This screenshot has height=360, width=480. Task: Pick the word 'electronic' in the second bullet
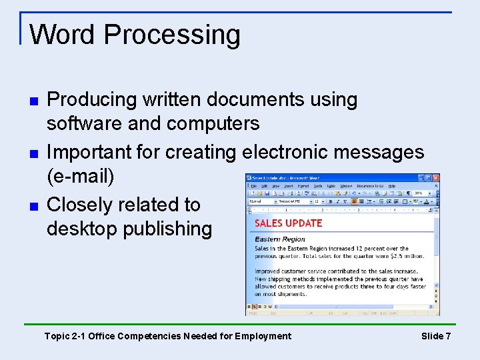[284, 152]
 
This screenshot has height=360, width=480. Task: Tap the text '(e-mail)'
[81, 177]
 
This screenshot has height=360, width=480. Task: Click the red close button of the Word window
[435, 178]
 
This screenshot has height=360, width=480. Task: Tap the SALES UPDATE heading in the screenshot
[289, 223]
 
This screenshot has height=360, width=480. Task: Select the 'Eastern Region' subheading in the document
[280, 239]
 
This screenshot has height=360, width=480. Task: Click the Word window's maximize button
[429, 178]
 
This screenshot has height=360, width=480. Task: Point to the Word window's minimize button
[421, 178]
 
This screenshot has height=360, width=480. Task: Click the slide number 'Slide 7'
[436, 336]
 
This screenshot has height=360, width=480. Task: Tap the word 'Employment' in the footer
[259, 336]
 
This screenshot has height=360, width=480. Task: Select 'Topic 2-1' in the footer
[64, 336]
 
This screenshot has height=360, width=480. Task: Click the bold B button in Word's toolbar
[330, 201]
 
